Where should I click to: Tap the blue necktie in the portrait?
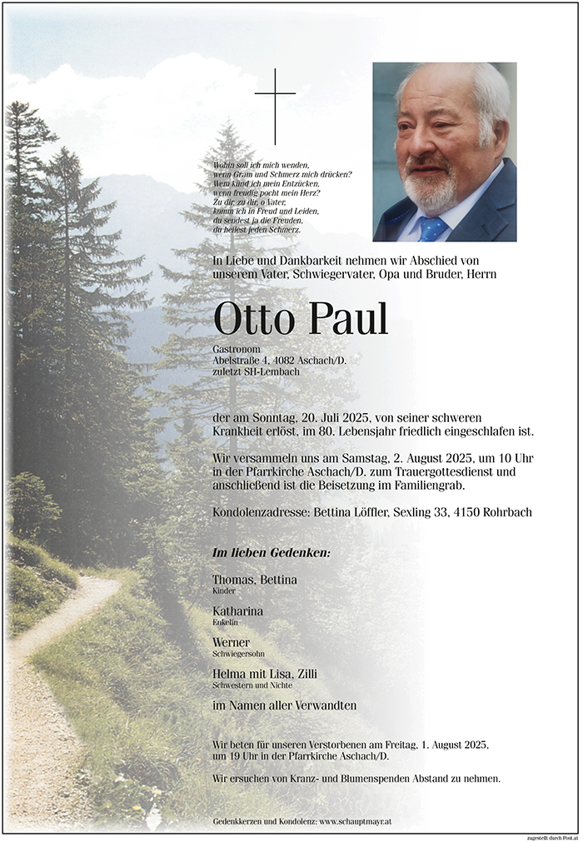(432, 227)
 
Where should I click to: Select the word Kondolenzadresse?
(260, 512)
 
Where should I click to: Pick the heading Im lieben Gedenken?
(271, 553)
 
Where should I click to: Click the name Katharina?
(238, 611)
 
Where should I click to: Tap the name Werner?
(231, 642)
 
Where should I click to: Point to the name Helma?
(229, 673)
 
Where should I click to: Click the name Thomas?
(235, 580)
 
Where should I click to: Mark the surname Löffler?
(382, 512)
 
